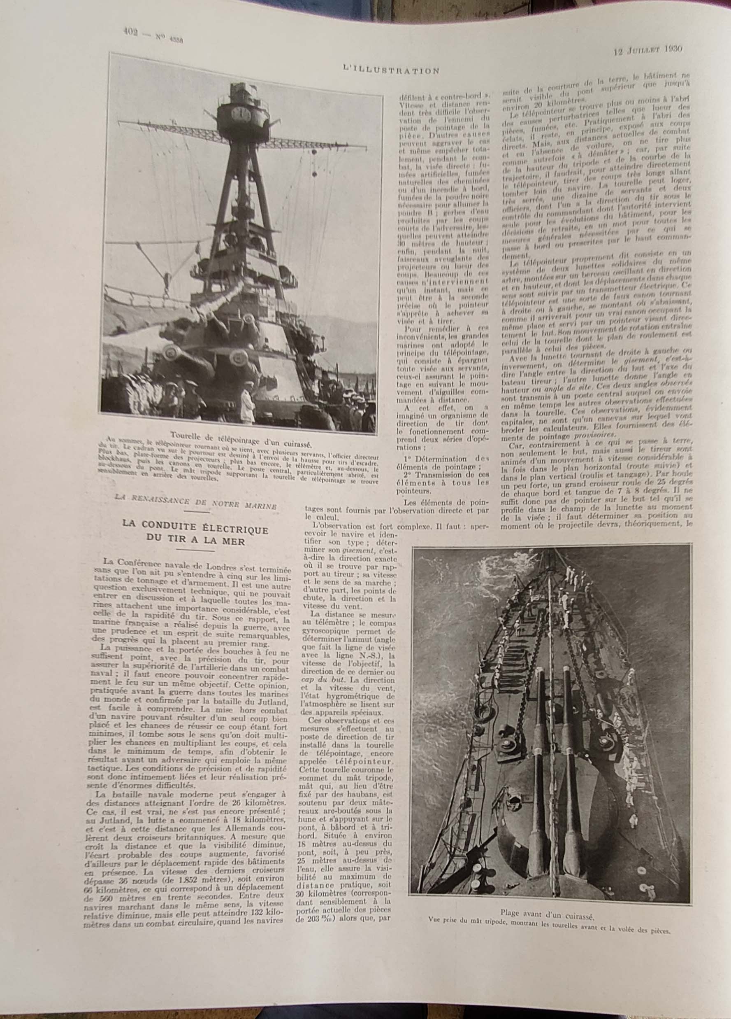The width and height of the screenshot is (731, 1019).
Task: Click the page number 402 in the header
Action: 131,31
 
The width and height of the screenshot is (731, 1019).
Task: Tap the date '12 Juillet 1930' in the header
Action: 648,49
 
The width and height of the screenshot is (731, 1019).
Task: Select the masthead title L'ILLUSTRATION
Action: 391,70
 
